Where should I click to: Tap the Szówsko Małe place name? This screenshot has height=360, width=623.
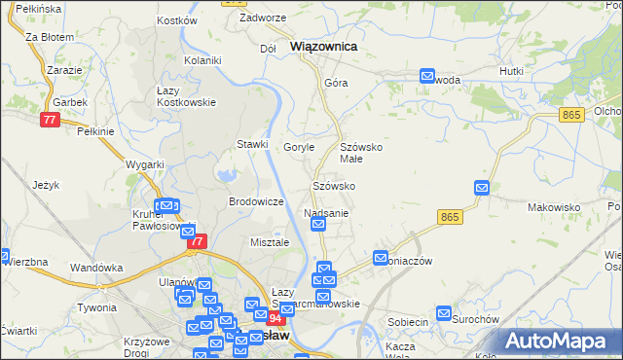364,153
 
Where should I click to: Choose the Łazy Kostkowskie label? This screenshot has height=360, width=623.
186,95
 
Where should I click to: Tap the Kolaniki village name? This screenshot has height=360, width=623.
203,60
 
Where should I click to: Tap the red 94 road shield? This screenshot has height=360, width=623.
275,318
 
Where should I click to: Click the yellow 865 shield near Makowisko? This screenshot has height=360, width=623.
449,216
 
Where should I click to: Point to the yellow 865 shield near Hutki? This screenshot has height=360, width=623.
571,115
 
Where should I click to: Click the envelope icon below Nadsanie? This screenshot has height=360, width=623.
318,225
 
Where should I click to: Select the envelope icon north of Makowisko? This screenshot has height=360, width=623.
481,188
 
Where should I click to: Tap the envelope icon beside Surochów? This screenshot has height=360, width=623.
444,314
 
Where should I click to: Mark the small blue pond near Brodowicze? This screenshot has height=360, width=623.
228,176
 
